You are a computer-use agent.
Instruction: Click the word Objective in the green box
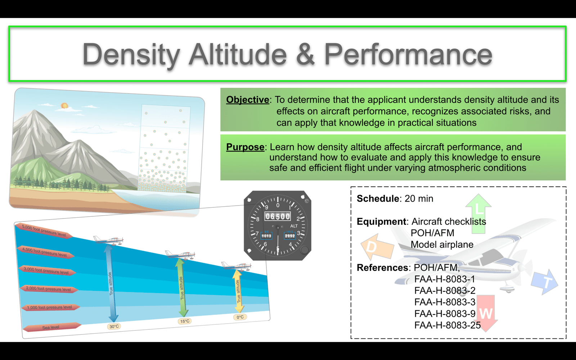click(x=248, y=99)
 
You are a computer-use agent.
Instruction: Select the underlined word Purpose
click(x=245, y=147)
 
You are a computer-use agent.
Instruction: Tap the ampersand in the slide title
click(x=305, y=54)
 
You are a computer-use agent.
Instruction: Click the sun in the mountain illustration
click(x=64, y=105)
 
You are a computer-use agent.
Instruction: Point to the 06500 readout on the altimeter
click(x=278, y=216)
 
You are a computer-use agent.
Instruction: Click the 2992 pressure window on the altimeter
click(x=290, y=235)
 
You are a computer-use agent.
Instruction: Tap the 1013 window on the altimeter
click(x=266, y=235)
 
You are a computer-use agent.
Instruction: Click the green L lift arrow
click(x=478, y=213)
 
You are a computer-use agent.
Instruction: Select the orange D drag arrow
click(x=377, y=247)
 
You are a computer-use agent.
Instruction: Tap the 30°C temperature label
click(x=114, y=326)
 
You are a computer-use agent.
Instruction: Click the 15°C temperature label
click(x=185, y=321)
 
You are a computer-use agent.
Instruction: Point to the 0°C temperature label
click(x=240, y=317)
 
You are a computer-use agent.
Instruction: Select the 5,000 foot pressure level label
click(x=44, y=230)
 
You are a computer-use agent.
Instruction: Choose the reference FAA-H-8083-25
click(x=447, y=325)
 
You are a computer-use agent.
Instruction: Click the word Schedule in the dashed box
click(x=378, y=198)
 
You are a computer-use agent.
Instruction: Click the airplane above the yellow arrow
click(x=236, y=266)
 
